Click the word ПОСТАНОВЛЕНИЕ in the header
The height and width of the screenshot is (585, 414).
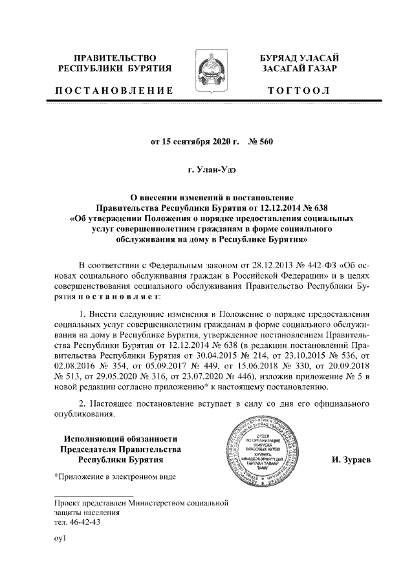click(114, 89)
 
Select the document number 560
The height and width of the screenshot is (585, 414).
click(267, 141)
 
